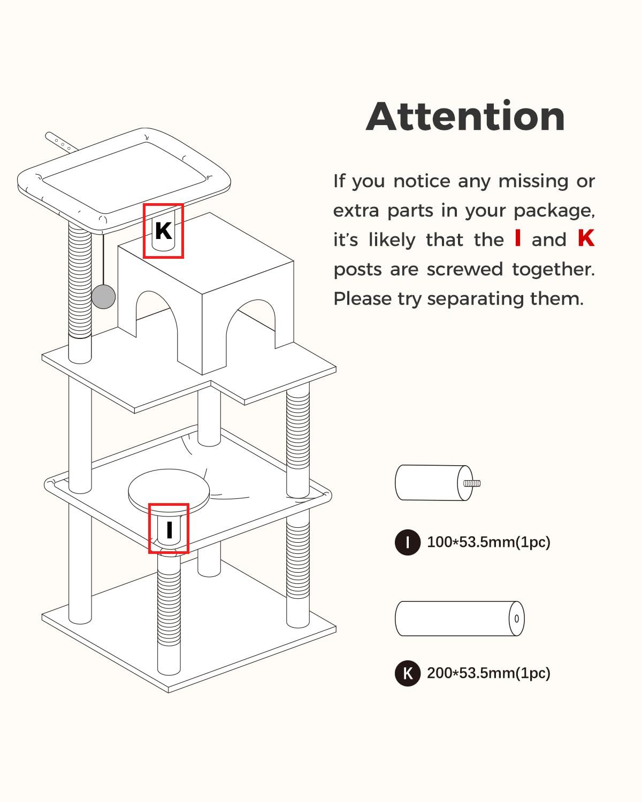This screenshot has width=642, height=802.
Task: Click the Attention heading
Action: click(x=465, y=116)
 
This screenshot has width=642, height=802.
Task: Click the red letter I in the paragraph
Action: click(x=517, y=238)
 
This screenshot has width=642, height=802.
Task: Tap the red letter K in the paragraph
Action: click(x=586, y=238)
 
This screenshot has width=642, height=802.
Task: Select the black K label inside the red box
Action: click(x=163, y=230)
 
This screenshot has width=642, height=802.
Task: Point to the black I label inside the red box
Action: click(x=170, y=529)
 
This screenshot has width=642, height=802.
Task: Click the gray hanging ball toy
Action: click(x=103, y=297)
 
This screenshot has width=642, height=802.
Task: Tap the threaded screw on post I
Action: click(x=472, y=483)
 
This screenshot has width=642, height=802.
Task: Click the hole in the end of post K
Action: click(x=517, y=619)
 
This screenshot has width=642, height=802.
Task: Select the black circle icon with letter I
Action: click(x=408, y=542)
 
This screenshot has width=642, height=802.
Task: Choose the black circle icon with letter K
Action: click(x=408, y=674)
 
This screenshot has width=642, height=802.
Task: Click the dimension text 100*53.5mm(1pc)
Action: click(x=488, y=542)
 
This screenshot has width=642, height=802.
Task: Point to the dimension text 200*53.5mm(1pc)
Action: click(x=488, y=674)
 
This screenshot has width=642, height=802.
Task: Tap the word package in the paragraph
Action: click(x=554, y=211)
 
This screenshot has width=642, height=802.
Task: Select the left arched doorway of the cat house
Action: click(x=157, y=317)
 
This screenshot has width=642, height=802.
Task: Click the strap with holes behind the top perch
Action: click(x=61, y=142)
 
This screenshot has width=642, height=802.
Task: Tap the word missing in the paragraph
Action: click(x=533, y=182)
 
